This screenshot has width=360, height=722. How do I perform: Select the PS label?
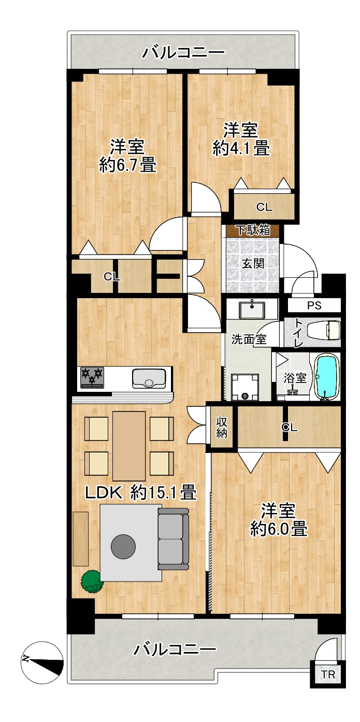pyautogui.click(x=314, y=305)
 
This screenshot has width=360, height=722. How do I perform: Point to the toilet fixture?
pyautogui.click(x=324, y=330)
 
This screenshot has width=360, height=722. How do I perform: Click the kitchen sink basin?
pyautogui.click(x=149, y=378)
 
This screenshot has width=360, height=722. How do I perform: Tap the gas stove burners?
pyautogui.click(x=92, y=377)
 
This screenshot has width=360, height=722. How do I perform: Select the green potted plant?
pyautogui.click(x=92, y=582)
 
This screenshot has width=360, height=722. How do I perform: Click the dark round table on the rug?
pyautogui.click(x=123, y=546)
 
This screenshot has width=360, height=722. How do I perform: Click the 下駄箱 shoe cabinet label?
pyautogui.click(x=253, y=230)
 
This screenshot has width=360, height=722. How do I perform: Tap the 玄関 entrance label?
pyautogui.click(x=253, y=264)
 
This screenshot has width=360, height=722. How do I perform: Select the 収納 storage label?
pyautogui.click(x=222, y=428)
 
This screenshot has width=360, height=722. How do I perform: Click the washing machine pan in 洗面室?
pyautogui.click(x=245, y=387)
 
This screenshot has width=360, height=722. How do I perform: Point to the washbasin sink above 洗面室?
pyautogui.click(x=251, y=310)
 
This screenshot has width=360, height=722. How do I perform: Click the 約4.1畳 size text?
pyautogui.click(x=241, y=149)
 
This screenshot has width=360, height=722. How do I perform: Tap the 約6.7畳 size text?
pyautogui.click(x=128, y=165)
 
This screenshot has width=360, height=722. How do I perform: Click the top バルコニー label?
pyautogui.click(x=183, y=52)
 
